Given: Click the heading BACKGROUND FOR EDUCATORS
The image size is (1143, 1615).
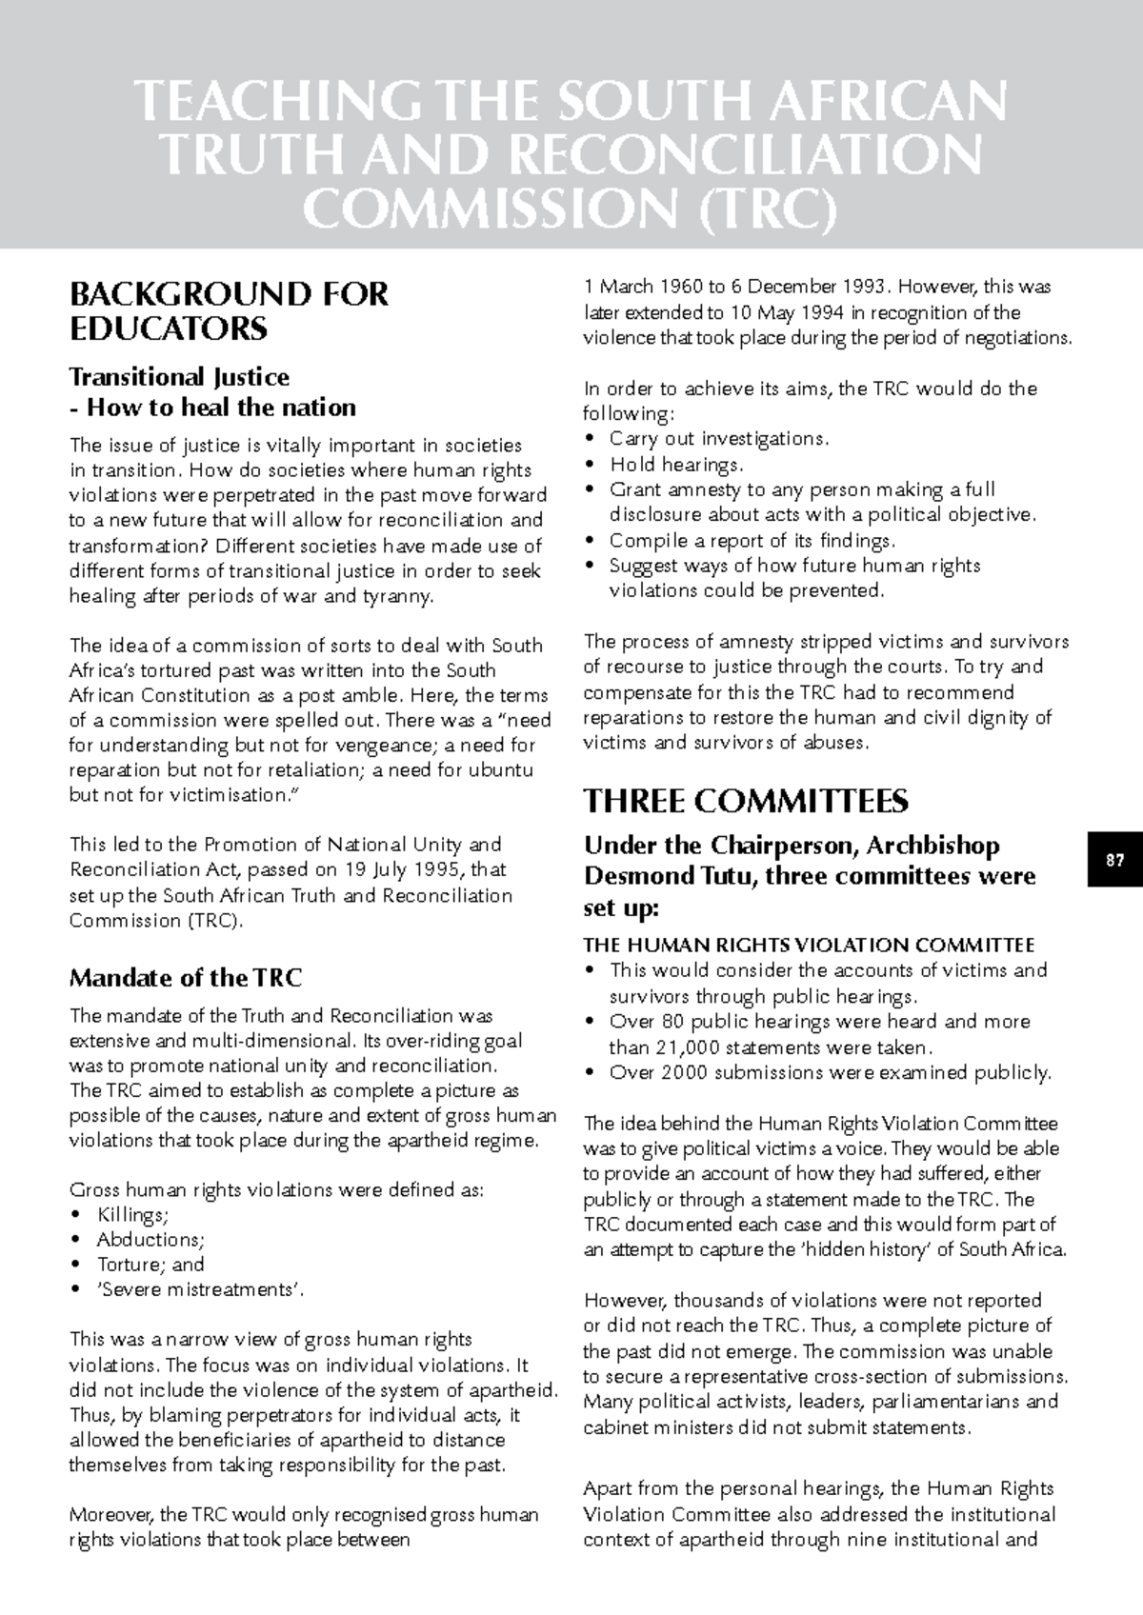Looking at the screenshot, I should point(229,311).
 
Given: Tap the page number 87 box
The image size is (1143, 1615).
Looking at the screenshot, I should point(1114,861).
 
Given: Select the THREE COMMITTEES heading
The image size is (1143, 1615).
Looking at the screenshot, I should point(746,802).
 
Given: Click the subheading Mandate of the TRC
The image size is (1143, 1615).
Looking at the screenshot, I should point(186,978).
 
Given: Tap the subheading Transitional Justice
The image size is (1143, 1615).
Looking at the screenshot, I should point(179,377).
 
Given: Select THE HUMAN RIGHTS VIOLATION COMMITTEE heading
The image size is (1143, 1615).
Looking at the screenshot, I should point(809,946).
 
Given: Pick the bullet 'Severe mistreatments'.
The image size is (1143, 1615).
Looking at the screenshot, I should point(201,1289).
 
